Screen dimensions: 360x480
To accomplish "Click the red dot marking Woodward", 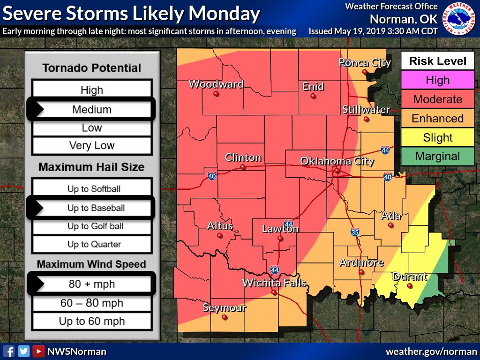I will (x=216, y=94).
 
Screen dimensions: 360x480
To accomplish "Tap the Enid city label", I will (x=313, y=86).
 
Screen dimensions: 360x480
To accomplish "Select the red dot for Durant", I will (x=409, y=286).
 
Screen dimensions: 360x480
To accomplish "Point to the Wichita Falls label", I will (x=274, y=283).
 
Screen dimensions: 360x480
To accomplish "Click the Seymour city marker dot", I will (x=225, y=317).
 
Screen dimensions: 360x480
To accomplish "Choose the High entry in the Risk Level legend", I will (x=437, y=80).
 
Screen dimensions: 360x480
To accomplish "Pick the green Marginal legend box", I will (x=437, y=157).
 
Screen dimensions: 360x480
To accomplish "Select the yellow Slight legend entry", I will (x=437, y=137).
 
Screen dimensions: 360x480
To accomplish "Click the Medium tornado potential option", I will (x=92, y=110).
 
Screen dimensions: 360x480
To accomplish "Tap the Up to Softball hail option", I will (x=94, y=189).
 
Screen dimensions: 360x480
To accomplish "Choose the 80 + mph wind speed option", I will (x=92, y=284).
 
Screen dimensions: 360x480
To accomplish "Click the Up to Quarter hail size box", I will (x=94, y=244).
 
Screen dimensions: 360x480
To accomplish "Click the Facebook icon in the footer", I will (x=8, y=351).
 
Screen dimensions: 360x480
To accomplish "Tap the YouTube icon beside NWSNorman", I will (x=38, y=351).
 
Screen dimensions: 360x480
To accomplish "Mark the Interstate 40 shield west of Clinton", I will (x=212, y=175).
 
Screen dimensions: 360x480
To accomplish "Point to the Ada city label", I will (x=390, y=216).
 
